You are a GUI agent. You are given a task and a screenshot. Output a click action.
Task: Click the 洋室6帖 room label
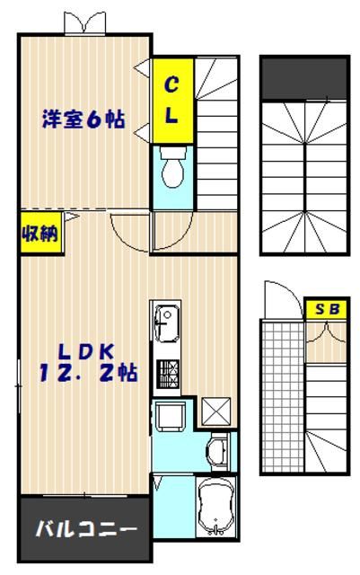[x=83, y=119]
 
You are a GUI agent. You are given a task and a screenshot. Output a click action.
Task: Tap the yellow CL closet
[x=171, y=100]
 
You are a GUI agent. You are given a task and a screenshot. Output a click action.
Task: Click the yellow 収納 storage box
[x=40, y=234]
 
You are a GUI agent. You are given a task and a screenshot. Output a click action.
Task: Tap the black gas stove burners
[x=168, y=373]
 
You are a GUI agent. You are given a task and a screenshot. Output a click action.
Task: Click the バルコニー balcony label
[x=85, y=528]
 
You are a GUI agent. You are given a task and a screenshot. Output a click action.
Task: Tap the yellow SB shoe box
[x=327, y=308]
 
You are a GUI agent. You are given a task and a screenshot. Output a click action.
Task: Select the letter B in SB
[x=335, y=308]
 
